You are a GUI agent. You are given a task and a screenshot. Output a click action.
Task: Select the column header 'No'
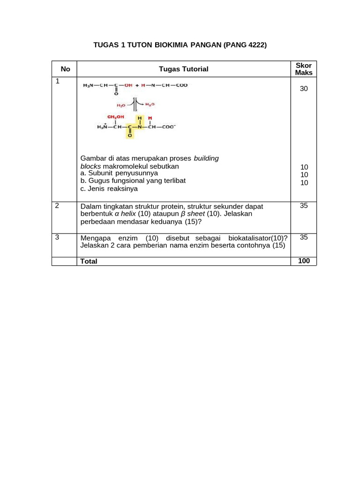66,69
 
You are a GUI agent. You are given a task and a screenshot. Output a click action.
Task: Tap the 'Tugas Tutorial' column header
183,69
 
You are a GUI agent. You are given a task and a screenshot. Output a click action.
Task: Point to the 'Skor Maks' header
304,69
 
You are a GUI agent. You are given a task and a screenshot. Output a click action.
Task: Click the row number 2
57,206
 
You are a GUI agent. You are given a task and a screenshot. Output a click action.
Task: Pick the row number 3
57,237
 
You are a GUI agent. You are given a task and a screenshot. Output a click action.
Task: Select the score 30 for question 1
304,89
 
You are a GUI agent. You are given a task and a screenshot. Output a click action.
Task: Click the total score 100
304,261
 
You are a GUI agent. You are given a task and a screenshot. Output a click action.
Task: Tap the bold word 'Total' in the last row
89,261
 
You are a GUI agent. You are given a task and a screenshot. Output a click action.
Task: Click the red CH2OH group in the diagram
115,117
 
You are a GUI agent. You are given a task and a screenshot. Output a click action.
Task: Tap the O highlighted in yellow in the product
130,135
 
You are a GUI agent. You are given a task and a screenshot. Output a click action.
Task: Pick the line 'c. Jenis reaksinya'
109,189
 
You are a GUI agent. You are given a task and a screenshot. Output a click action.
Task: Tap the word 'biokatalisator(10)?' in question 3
258,238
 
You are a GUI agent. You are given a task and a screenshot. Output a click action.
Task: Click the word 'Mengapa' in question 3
96,238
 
